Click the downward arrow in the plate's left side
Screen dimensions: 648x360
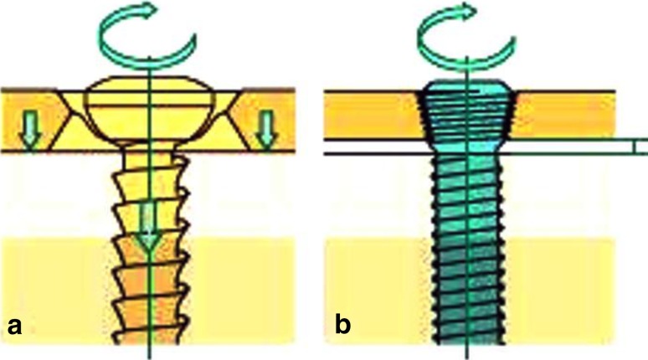(x=29, y=130)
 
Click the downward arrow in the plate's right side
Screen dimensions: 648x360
(x=266, y=130)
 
